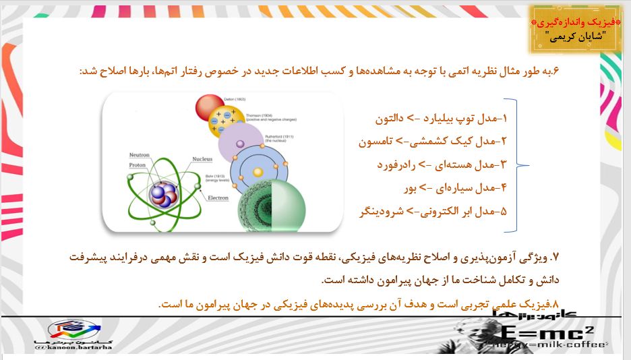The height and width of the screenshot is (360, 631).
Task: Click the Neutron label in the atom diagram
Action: [140, 155]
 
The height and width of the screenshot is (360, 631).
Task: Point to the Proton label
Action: [138, 164]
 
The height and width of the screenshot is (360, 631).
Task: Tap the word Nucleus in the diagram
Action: [202, 159]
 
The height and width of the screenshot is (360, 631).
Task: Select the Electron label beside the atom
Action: [218, 198]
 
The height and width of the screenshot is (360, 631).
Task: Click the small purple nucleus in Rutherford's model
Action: [241, 144]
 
